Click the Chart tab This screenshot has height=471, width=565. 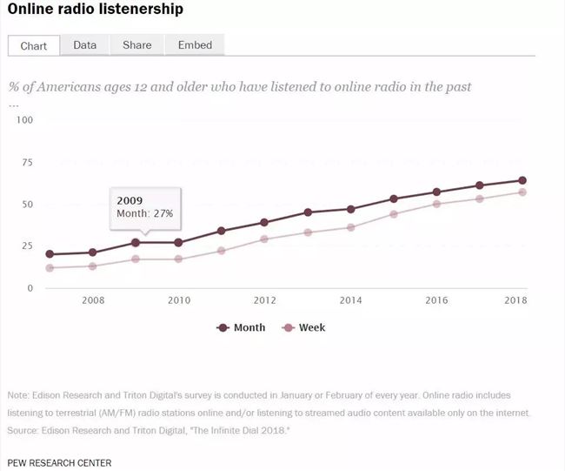pos(34,46)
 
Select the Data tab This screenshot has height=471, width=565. pos(85,45)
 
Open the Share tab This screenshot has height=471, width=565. pos(136,45)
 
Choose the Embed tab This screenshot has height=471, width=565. pos(194,45)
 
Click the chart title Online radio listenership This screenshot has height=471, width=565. pos(96,10)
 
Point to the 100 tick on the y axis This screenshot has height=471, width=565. pos(23,120)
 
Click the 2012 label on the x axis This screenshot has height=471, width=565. pos(264,300)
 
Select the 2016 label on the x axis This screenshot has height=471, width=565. pos(437,300)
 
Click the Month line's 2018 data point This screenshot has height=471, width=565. pos(522,181)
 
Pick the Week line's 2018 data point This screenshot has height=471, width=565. pos(522,192)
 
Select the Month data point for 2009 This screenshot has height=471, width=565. pos(135,243)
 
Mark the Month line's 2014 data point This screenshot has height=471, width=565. pos(351,209)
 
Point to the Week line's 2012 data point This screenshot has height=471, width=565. pos(264,239)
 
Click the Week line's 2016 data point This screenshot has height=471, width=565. pos(437,204)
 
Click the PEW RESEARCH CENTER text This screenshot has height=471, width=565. pos(59,461)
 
